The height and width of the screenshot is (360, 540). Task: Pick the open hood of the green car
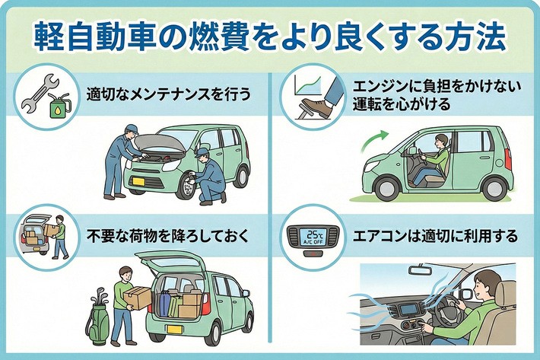[161, 141]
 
